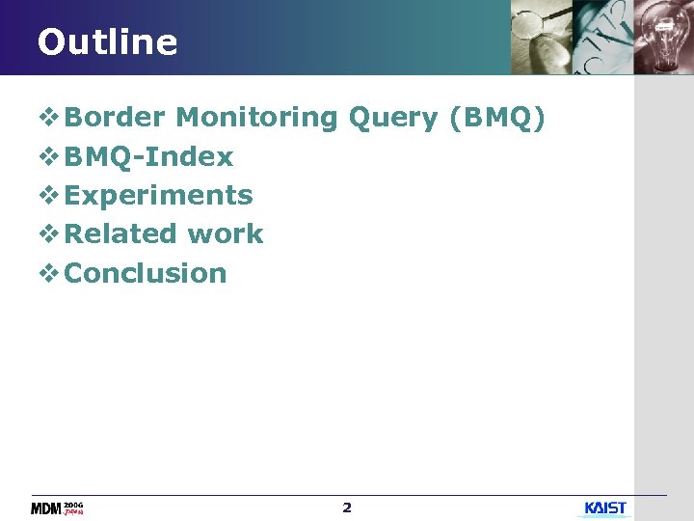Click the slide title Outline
pyautogui.click(x=107, y=42)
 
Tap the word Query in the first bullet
pyautogui.click(x=393, y=119)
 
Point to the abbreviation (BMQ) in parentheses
pyautogui.click(x=497, y=119)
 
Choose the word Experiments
pyautogui.click(x=158, y=196)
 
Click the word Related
pyautogui.click(x=120, y=234)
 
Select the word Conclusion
pyautogui.click(x=146, y=273)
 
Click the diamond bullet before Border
pyautogui.click(x=48, y=118)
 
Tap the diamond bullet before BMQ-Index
pyautogui.click(x=48, y=156)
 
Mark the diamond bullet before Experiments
pyautogui.click(x=48, y=195)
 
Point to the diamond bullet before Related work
pyautogui.click(x=48, y=234)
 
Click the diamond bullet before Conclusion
pyautogui.click(x=48, y=273)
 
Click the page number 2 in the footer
pyautogui.click(x=347, y=507)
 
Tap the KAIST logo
pyautogui.click(x=605, y=508)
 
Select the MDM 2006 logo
pyautogui.click(x=58, y=508)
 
